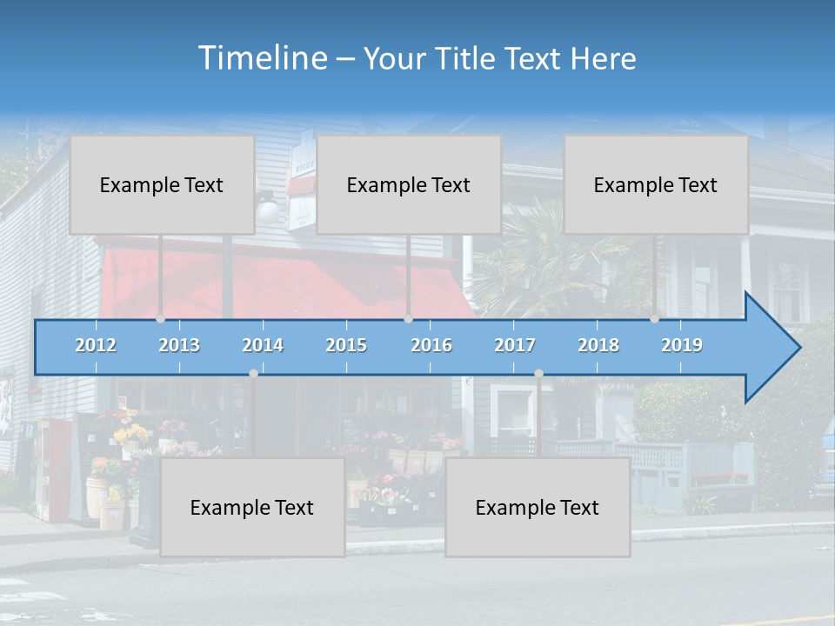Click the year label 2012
click(x=96, y=345)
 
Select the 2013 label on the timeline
click(x=179, y=345)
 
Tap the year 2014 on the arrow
click(x=263, y=345)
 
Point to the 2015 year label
click(x=346, y=345)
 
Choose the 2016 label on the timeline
click(x=431, y=345)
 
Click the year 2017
click(x=515, y=345)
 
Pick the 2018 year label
click(x=598, y=345)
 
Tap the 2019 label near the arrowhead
click(x=682, y=345)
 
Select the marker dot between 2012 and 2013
click(x=161, y=319)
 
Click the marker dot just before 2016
click(x=408, y=319)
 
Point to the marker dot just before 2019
click(x=655, y=319)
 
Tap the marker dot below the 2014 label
click(x=253, y=374)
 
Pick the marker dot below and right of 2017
click(x=538, y=374)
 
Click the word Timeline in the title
click(x=262, y=58)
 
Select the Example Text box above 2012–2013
click(x=162, y=184)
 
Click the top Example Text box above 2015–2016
click(x=409, y=184)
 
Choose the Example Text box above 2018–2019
click(x=656, y=184)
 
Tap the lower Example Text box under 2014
click(x=252, y=507)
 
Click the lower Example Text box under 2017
click(x=538, y=507)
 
